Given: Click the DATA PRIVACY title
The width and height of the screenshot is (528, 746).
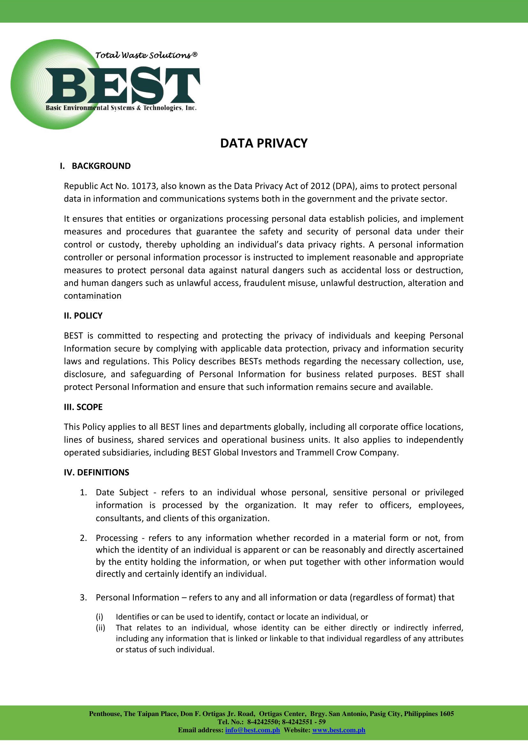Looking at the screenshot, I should click(264, 143).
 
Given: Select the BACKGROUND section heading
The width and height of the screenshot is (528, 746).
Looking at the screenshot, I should click(101, 166).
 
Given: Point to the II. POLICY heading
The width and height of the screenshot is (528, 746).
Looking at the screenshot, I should click(83, 315).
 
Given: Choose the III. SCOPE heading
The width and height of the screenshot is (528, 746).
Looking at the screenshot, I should click(83, 407).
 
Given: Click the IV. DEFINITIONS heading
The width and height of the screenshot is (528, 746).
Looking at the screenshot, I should click(96, 472).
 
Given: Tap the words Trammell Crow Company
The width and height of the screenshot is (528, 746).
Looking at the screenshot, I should click(347, 453).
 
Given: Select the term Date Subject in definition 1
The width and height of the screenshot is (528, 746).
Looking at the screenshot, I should click(122, 492).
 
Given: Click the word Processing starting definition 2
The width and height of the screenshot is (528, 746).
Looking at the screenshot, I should click(117, 538).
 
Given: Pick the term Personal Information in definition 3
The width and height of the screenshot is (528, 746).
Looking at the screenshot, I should click(138, 597).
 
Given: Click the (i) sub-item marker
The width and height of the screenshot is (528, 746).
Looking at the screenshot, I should click(99, 617).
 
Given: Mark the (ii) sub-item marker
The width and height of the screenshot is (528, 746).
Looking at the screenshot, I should click(100, 628).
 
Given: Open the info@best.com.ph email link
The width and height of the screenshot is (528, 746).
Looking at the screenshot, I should click(252, 730).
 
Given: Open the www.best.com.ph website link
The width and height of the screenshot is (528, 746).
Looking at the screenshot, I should click(338, 730).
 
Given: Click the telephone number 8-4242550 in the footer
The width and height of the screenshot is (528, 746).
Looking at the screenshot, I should click(263, 722).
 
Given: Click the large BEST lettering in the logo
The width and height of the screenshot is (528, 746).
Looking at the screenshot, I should click(123, 86).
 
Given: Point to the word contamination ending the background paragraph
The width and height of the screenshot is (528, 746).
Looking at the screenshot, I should click(93, 296).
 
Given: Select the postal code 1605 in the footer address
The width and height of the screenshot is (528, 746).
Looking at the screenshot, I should click(447, 714).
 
